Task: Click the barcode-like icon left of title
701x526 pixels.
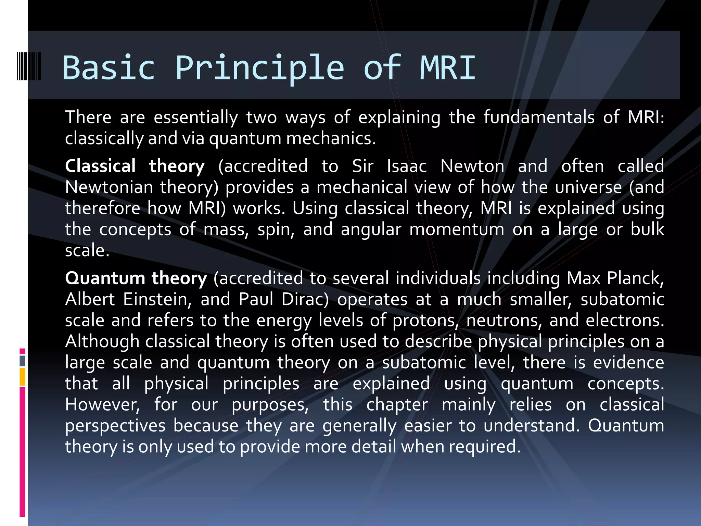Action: coord(29,66)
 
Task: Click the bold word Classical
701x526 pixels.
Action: coord(100,166)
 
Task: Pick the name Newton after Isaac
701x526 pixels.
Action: coord(472,166)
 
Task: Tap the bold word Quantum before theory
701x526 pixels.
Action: coord(105,278)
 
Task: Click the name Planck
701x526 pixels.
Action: coord(635,278)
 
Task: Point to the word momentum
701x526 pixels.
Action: coord(457,229)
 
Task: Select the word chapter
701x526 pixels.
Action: coord(397,405)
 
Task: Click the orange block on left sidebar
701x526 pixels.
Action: coord(23,377)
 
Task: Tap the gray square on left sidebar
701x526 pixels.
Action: coord(23,361)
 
